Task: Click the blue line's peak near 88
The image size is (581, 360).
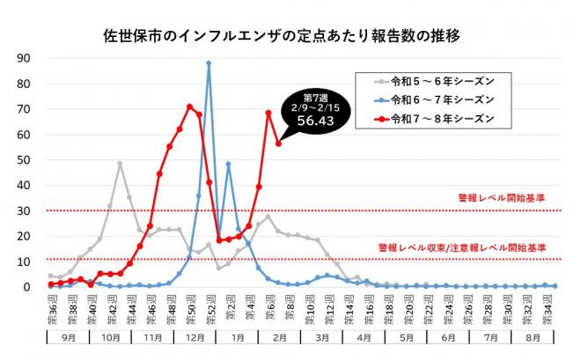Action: click(209, 63)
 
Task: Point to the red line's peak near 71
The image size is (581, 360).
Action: click(189, 107)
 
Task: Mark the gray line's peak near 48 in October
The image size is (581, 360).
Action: click(120, 164)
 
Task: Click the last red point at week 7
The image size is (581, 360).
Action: click(278, 143)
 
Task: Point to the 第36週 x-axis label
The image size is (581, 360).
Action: click(51, 307)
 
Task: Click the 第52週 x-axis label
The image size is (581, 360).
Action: click(209, 307)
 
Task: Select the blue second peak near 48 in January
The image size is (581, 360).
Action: click(228, 164)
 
